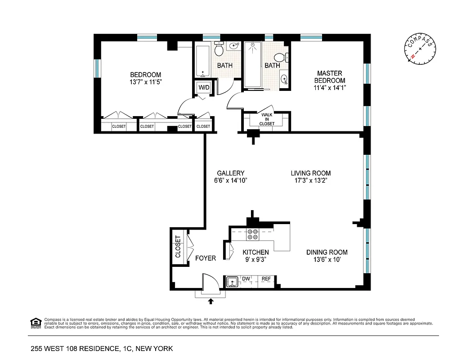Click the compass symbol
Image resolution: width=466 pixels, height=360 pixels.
(x=421, y=48)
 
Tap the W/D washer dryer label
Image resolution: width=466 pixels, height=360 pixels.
(x=204, y=87)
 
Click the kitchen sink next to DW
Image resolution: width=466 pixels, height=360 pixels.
(x=233, y=282)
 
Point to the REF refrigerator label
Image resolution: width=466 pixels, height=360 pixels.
(x=266, y=279)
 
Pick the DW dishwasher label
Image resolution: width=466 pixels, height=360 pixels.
(x=246, y=279)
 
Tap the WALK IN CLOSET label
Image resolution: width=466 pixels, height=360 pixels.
(x=267, y=119)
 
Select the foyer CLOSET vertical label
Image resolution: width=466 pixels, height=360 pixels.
(x=178, y=246)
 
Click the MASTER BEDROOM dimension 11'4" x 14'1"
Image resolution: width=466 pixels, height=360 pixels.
(x=330, y=88)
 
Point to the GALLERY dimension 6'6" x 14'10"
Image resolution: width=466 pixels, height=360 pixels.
(x=231, y=180)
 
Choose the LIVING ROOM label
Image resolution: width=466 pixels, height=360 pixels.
(x=310, y=173)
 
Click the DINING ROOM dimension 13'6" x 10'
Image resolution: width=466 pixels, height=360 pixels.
(x=327, y=260)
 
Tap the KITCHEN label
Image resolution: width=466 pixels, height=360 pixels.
(x=255, y=252)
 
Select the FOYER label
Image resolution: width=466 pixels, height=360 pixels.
(x=206, y=258)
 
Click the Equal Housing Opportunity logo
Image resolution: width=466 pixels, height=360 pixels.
(x=35, y=322)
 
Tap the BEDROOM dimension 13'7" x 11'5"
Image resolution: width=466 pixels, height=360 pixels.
(x=145, y=82)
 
